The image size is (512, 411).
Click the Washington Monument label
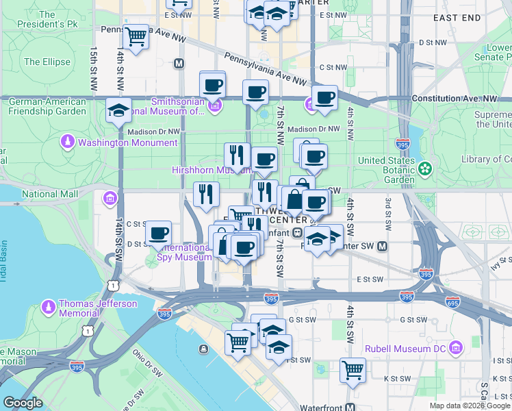click(127, 142)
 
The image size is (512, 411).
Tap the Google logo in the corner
click(23, 403)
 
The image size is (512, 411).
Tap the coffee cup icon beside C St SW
click(159, 234)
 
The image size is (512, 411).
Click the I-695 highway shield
click(452, 301)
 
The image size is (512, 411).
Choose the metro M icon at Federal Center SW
click(383, 246)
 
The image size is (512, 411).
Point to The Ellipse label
click(47, 62)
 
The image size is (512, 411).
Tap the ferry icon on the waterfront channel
click(203, 349)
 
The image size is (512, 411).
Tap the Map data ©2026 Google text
click(470, 406)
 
